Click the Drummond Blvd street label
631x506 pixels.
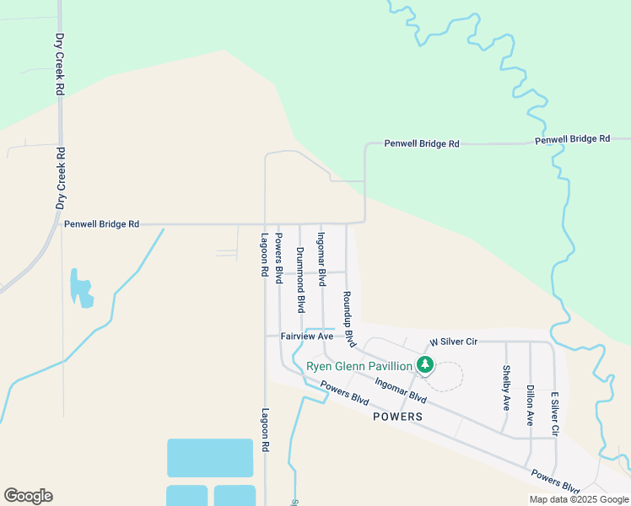coord(300,280)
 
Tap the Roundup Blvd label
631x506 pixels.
coord(348,320)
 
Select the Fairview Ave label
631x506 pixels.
coord(307,336)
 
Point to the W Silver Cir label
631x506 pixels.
coord(454,342)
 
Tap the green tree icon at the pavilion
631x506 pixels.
coord(426,365)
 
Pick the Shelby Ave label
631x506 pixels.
coord(506,387)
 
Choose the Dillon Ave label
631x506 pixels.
coord(530,405)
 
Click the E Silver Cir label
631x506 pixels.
coord(554,413)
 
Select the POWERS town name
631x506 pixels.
coord(396,417)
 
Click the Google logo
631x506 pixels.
coord(28,496)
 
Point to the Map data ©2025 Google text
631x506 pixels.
coord(579,499)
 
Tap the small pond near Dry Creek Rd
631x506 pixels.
coord(80,288)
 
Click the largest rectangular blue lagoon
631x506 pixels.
coord(210,458)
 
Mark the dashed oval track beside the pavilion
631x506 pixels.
coord(448,376)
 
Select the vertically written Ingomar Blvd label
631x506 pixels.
coord(321,259)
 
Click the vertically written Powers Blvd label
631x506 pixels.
coord(279,258)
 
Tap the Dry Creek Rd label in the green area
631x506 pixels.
coord(60,63)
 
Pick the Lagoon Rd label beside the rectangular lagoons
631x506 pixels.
coord(265,429)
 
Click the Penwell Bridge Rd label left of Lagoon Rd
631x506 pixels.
coord(101,224)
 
